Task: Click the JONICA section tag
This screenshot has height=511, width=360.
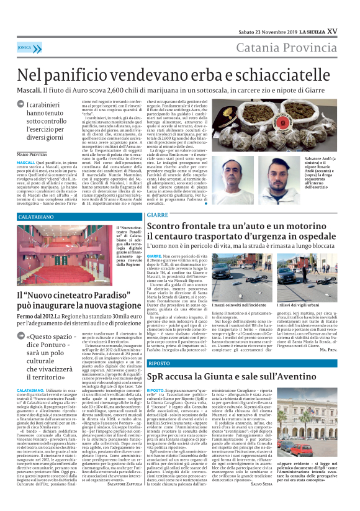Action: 25,48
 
